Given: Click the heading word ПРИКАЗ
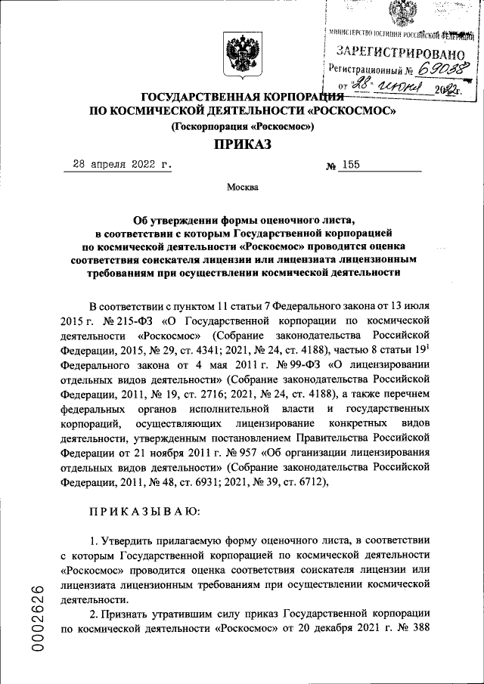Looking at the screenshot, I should pyautogui.click(x=242, y=144).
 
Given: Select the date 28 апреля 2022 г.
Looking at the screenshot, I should pyautogui.click(x=117, y=164).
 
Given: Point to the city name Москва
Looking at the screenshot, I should pyautogui.click(x=242, y=187).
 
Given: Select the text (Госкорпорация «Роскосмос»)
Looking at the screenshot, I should pyautogui.click(x=242, y=127).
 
